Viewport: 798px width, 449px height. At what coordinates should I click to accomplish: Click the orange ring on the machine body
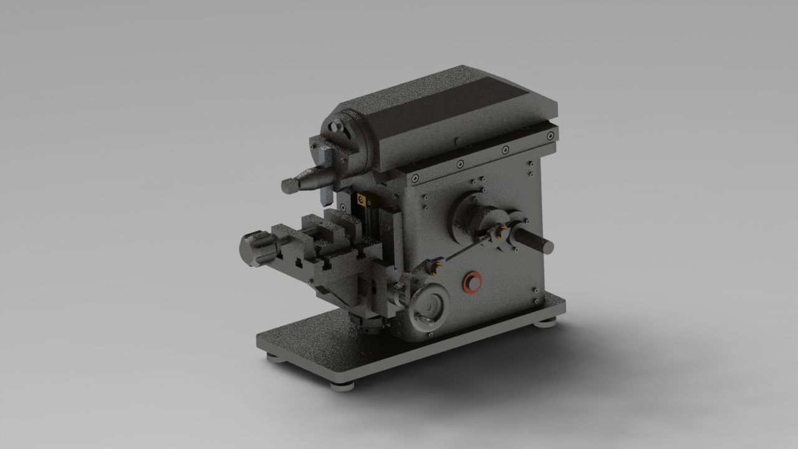click(x=471, y=282)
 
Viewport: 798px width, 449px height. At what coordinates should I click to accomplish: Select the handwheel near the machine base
click(x=430, y=307)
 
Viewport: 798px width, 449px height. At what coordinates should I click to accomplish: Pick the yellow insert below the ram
click(x=362, y=200)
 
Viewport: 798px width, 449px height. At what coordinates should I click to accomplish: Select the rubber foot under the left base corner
click(x=273, y=357)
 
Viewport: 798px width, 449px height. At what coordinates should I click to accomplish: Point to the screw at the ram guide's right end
click(x=550, y=133)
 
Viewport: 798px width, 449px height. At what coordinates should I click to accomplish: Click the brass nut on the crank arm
click(x=501, y=233)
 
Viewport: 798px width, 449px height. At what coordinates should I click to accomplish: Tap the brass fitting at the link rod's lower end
click(x=435, y=267)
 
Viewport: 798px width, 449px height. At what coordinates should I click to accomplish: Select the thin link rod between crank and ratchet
click(x=464, y=251)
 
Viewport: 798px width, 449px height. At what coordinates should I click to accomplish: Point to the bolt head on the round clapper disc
click(x=337, y=127)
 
